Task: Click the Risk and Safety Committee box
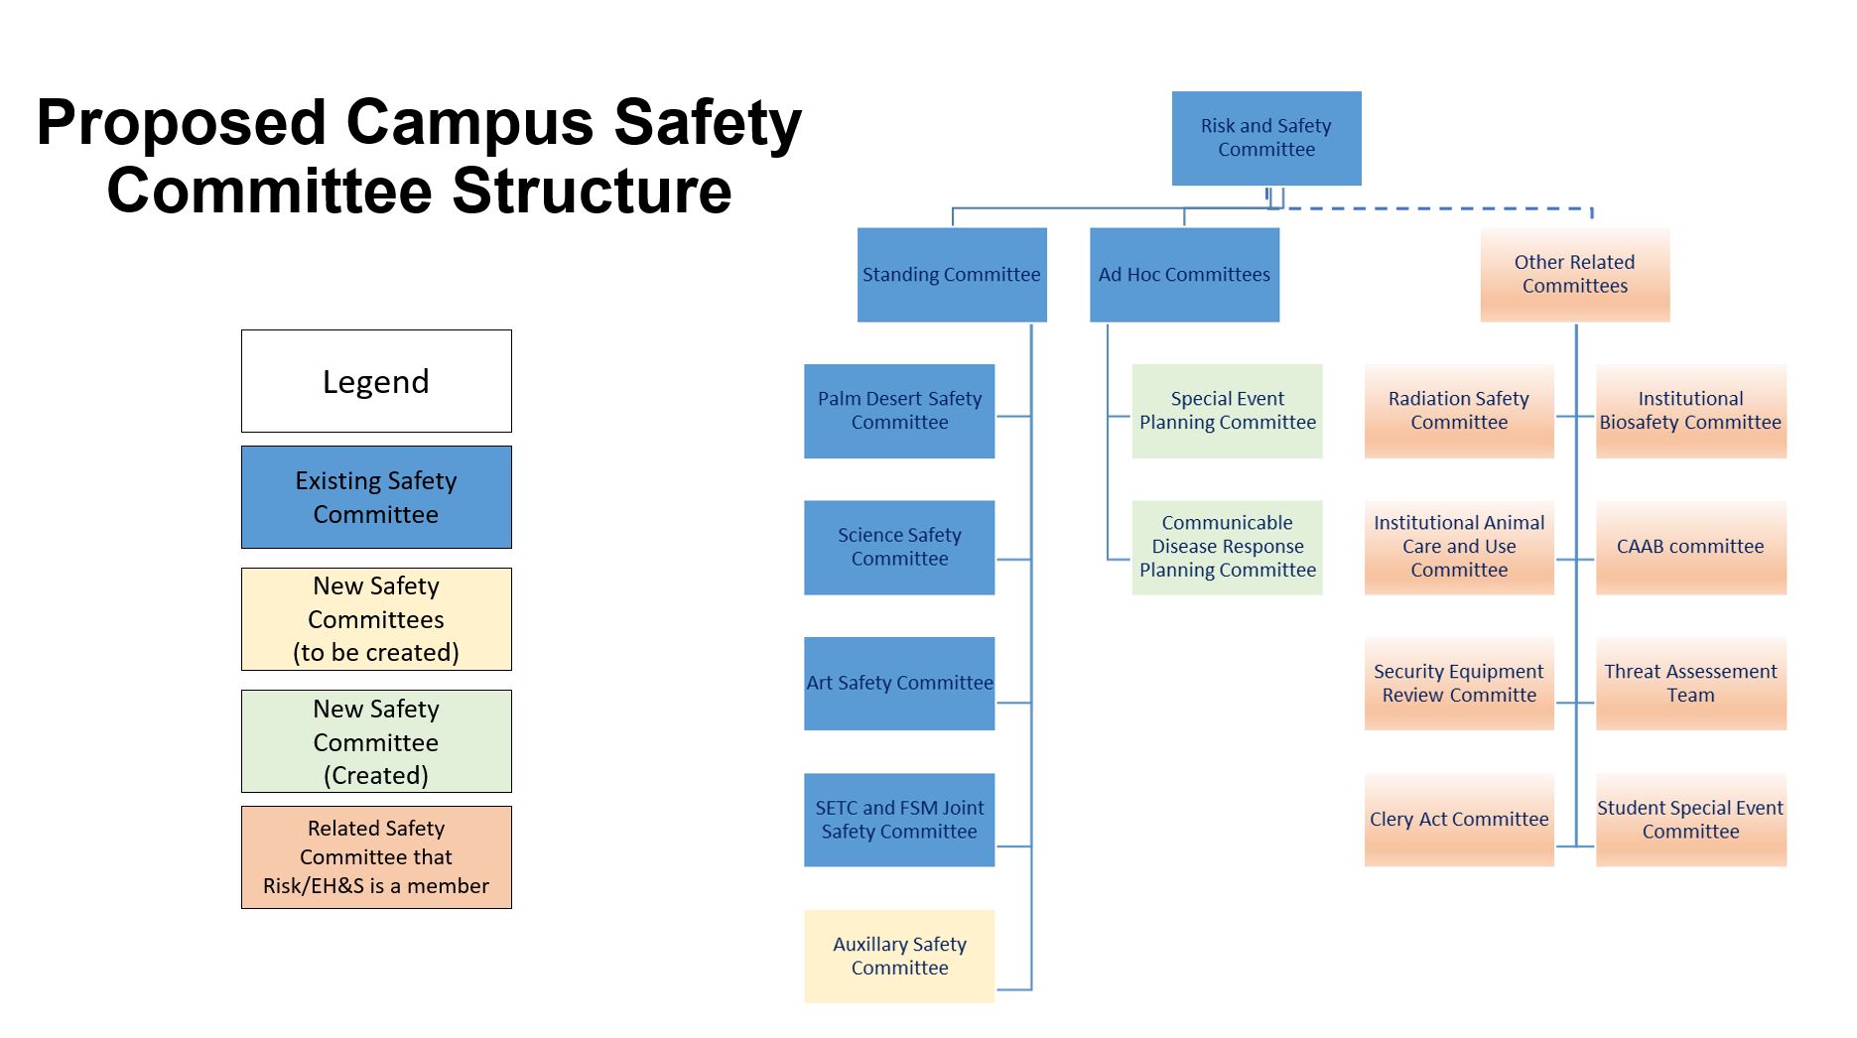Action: tap(1265, 138)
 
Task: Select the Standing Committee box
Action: tap(951, 275)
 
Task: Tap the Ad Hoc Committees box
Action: tap(1184, 275)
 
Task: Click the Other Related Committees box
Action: tap(1574, 275)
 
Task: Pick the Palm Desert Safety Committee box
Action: tap(899, 411)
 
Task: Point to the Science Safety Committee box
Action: tap(899, 547)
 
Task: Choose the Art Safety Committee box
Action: tap(899, 683)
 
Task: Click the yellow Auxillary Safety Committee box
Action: tap(899, 956)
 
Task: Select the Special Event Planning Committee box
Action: tap(1227, 411)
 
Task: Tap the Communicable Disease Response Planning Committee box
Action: tap(1227, 547)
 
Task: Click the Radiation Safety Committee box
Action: tap(1458, 411)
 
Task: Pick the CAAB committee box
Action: tap(1690, 547)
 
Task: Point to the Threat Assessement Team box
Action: tap(1690, 683)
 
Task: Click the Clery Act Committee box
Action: tap(1458, 820)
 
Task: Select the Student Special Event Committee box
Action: tap(1690, 820)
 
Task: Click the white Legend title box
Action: tap(376, 381)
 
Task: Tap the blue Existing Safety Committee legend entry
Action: tap(376, 497)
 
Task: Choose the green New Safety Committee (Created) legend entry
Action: tap(376, 741)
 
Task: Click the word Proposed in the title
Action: tap(181, 123)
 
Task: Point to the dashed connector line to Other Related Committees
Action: tap(1439, 209)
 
